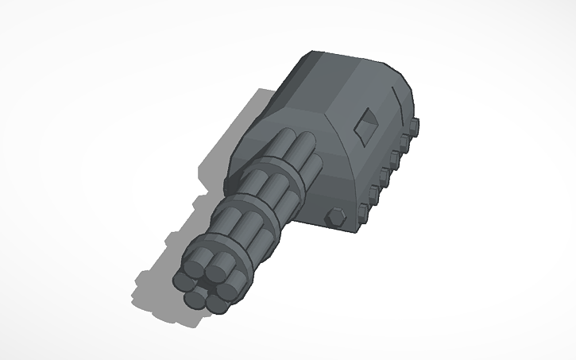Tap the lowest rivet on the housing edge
[x=363, y=211]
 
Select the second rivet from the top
[x=405, y=141]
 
